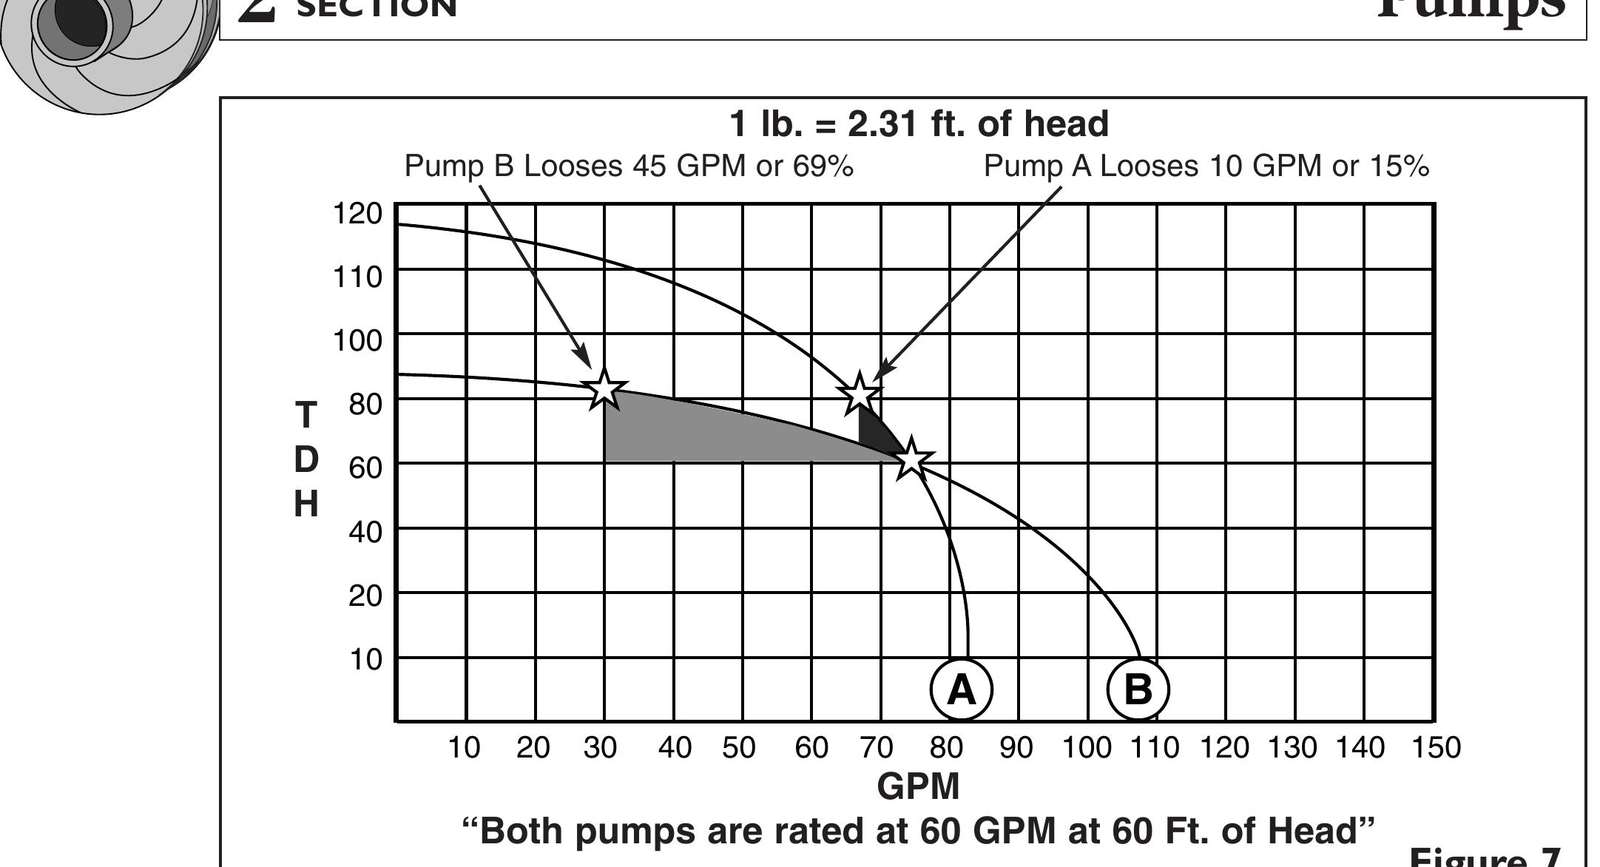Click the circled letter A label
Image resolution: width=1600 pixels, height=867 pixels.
(x=961, y=689)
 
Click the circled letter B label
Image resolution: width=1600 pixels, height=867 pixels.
(x=1138, y=689)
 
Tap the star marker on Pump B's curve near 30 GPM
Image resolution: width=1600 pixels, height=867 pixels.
(x=604, y=388)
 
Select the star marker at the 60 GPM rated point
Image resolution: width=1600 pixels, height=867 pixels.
(x=911, y=459)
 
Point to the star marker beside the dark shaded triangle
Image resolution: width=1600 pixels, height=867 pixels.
(x=860, y=394)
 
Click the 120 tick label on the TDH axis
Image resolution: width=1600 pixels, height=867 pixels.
(x=357, y=214)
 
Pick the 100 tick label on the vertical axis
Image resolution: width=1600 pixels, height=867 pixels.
(x=357, y=341)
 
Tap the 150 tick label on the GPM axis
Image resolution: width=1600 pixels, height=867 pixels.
(x=1436, y=748)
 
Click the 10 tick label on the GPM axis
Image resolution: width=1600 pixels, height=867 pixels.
(x=464, y=748)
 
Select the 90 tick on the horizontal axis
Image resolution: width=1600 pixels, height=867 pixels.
(x=1016, y=748)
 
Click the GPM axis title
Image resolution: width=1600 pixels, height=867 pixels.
(x=918, y=786)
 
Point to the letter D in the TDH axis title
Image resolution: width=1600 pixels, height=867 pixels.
(x=306, y=459)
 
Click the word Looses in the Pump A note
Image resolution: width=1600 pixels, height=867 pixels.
(x=1149, y=166)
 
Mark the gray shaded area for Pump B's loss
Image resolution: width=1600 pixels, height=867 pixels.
(x=703, y=433)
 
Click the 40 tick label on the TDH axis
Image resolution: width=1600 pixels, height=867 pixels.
(x=365, y=532)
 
